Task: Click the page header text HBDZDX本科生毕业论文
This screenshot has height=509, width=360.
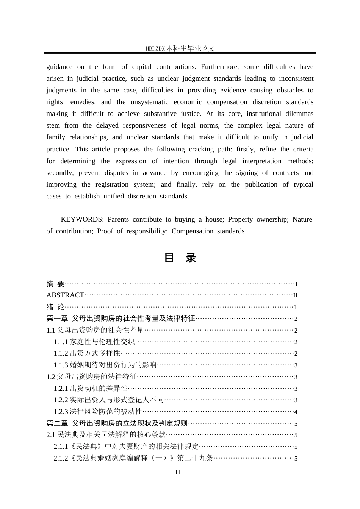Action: (x=180, y=48)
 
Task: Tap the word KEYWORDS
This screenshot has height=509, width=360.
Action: (x=82, y=219)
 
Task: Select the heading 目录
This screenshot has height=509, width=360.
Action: (x=180, y=258)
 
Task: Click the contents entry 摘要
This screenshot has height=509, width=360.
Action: (x=55, y=284)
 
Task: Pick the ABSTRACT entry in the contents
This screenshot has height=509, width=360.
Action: (x=65, y=295)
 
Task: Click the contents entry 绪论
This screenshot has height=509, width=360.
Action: (x=55, y=307)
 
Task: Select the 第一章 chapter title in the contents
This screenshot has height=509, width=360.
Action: (x=121, y=319)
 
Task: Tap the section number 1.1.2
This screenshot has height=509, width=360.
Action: (x=61, y=353)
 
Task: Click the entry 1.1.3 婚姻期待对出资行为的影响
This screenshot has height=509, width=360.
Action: (x=105, y=365)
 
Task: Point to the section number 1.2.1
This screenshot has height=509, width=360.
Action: (x=61, y=389)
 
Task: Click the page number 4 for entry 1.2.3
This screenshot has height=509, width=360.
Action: (x=296, y=412)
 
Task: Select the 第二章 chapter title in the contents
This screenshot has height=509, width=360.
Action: (x=117, y=423)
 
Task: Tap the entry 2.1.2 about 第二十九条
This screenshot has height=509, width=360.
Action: (x=133, y=458)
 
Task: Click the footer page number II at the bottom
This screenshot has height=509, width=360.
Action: (x=178, y=472)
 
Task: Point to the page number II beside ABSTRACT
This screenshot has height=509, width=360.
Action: (x=296, y=295)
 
